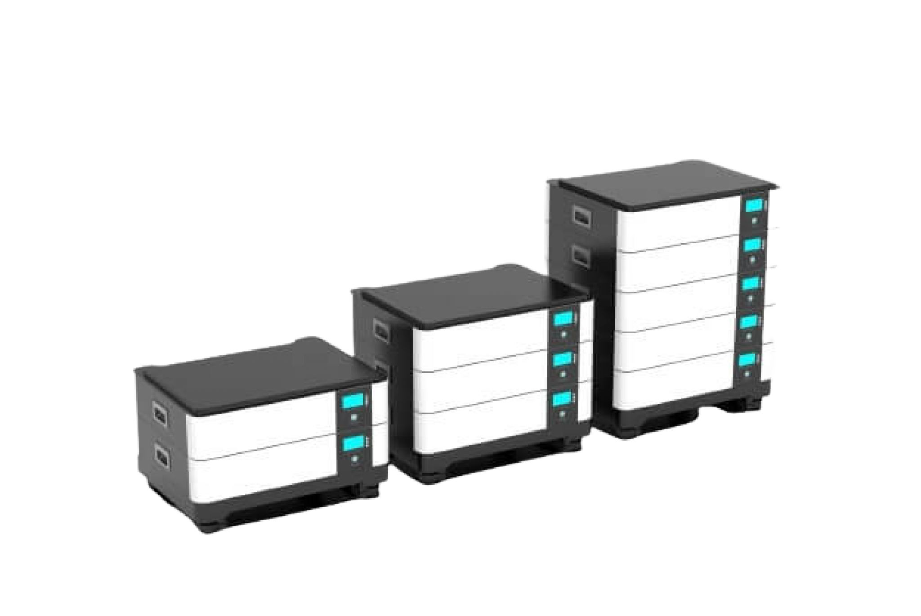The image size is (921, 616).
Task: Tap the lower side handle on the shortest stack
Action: coord(161,457)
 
